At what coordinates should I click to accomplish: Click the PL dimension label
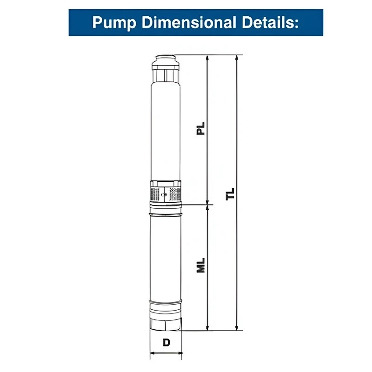click(200, 128)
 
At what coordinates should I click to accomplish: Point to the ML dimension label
click(200, 265)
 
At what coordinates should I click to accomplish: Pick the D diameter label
click(166, 343)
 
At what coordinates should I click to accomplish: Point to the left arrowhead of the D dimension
click(152, 355)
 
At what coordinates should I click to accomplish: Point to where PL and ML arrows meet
click(207, 204)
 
